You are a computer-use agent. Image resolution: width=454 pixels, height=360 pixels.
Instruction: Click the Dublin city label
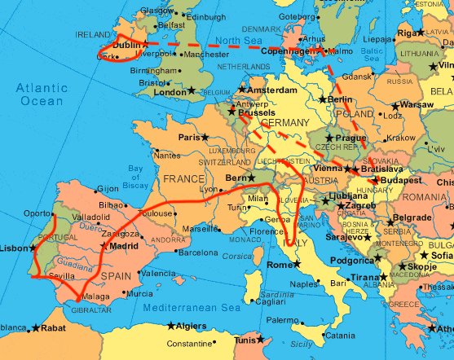point(126,46)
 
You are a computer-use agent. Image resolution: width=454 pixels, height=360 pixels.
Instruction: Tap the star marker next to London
point(192,90)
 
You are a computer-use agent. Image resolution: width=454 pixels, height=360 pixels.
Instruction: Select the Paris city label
point(189,138)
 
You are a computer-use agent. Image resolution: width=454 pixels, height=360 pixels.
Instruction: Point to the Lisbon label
point(14,248)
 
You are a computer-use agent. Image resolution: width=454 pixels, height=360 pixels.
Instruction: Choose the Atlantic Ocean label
point(41,94)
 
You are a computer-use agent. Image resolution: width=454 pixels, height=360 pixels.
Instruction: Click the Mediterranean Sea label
point(192,308)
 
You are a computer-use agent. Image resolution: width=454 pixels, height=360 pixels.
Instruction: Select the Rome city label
point(279,265)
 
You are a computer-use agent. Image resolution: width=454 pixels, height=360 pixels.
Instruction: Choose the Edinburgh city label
point(205,17)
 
